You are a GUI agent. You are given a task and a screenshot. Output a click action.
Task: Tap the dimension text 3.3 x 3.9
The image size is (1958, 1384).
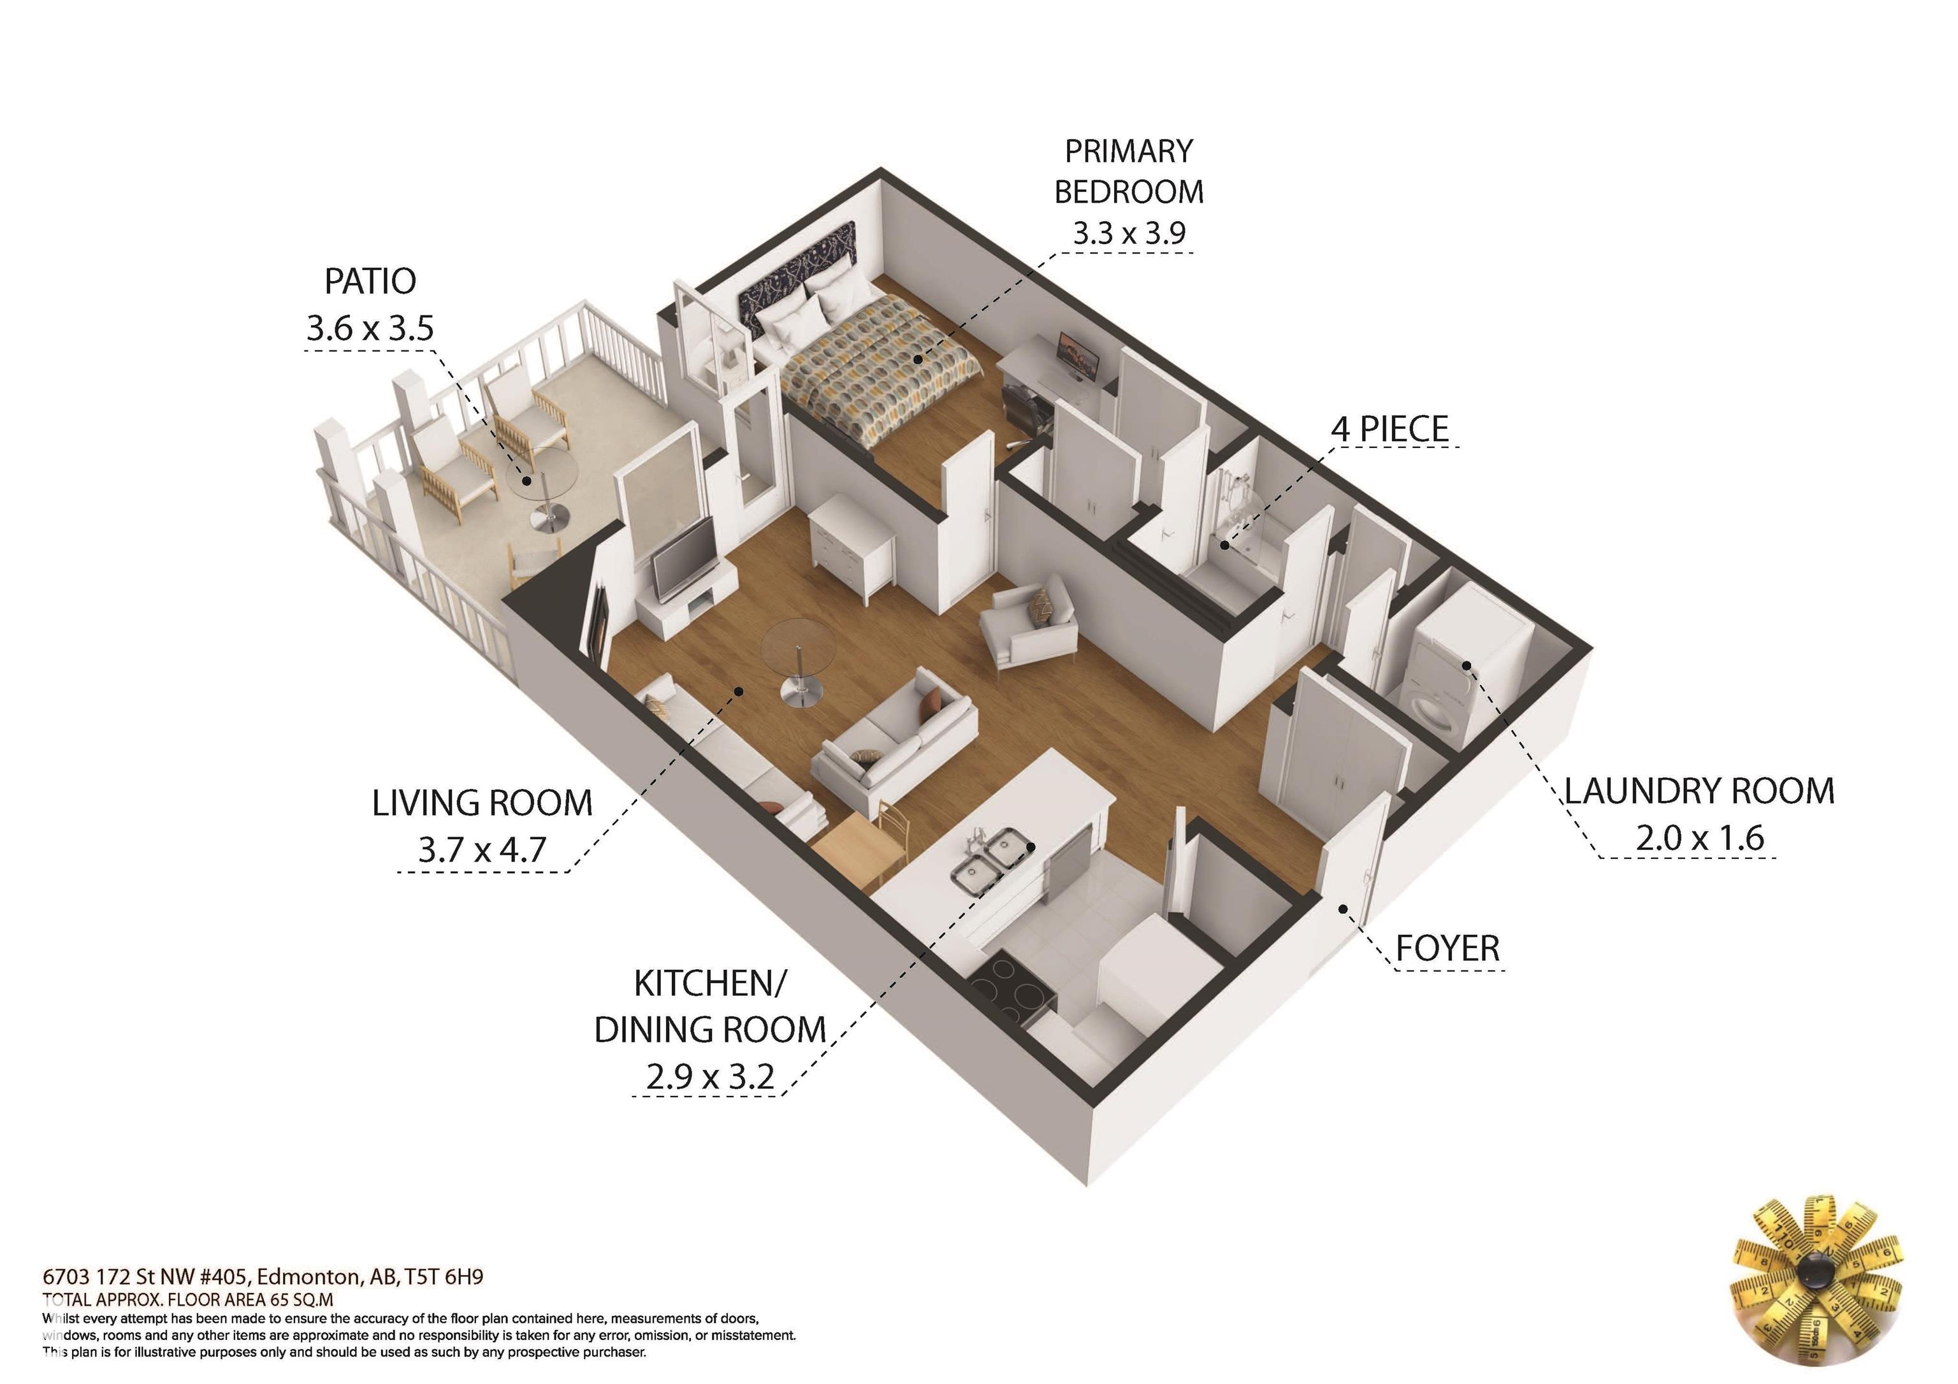1128,233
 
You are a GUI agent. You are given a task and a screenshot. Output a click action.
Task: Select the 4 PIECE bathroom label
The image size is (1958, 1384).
1389,428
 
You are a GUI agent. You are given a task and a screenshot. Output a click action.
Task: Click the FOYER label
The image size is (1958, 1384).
1447,948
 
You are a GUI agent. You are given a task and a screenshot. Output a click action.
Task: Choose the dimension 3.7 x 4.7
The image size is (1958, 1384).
482,849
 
